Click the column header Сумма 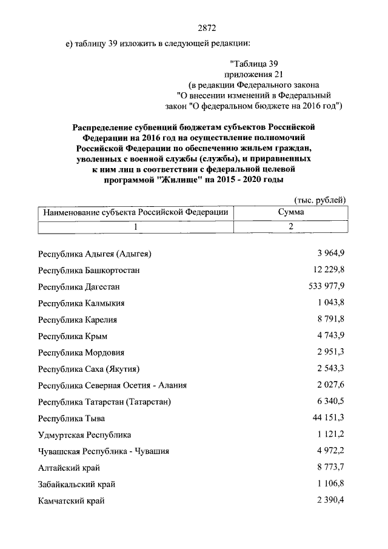[x=291, y=212]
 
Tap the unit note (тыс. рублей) [x=319, y=200]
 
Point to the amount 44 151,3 [x=329, y=418]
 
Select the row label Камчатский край [x=71, y=500]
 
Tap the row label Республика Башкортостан [x=89, y=270]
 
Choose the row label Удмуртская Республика [x=84, y=435]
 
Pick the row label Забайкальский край [x=76, y=484]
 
